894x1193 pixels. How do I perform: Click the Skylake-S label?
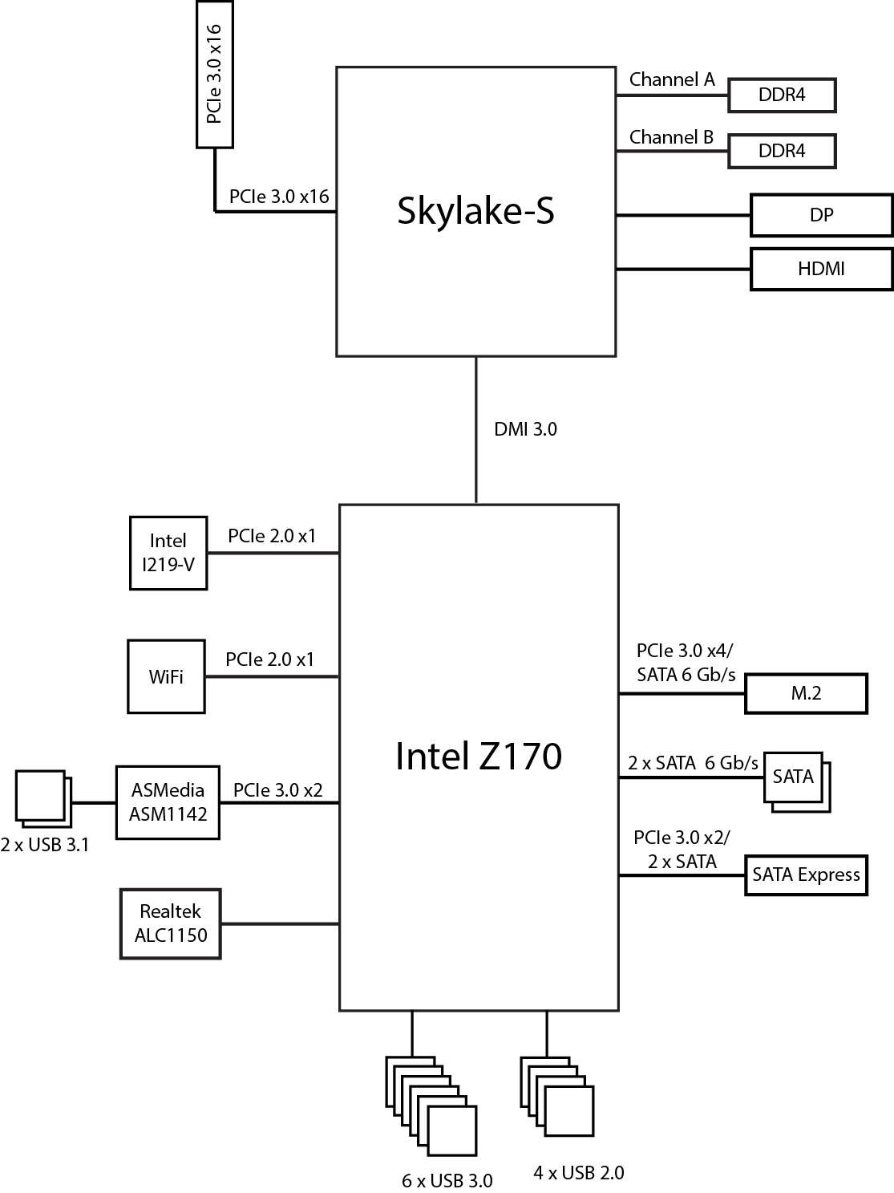[475, 211]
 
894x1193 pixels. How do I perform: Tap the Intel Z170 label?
[479, 757]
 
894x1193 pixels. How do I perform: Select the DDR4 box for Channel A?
[782, 95]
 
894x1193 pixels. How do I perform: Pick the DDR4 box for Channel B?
[782, 151]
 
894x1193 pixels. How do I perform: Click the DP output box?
[821, 215]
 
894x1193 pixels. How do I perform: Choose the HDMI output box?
[821, 269]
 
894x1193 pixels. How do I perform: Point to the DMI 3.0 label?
[525, 429]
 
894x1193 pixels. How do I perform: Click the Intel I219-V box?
[168, 553]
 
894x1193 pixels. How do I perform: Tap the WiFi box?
[166, 676]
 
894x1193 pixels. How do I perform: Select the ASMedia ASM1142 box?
[168, 802]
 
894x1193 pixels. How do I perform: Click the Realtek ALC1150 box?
[170, 923]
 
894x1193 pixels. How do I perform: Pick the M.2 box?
[806, 693]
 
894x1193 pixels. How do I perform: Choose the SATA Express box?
[806, 874]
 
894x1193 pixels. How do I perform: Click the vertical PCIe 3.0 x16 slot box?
[215, 75]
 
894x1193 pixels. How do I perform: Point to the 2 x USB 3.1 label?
[45, 845]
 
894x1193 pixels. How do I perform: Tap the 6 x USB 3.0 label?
[447, 1181]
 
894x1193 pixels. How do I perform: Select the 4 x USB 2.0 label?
[578, 1173]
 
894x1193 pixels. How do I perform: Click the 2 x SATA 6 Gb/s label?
[693, 763]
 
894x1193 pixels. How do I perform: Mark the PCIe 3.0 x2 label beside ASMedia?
[277, 790]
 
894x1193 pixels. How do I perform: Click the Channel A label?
[672, 79]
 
